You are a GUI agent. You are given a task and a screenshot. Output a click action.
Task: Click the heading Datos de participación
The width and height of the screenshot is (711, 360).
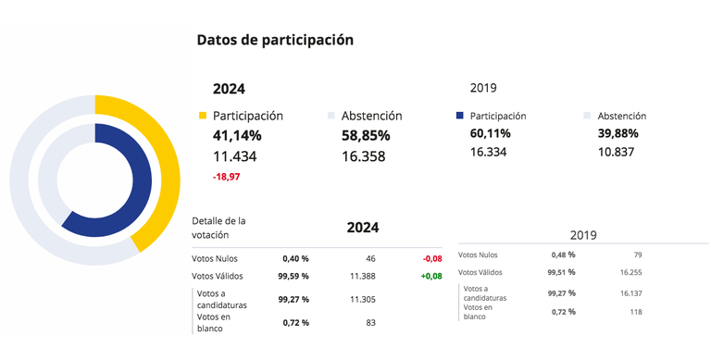click(x=275, y=41)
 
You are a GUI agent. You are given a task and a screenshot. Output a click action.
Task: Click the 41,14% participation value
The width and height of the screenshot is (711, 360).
click(x=237, y=136)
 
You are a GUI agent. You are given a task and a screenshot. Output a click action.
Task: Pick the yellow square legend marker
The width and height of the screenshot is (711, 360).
click(x=203, y=117)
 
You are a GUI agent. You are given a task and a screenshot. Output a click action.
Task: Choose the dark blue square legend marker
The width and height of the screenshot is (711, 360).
click(x=460, y=117)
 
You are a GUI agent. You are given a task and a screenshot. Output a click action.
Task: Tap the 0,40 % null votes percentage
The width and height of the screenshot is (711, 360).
click(x=293, y=258)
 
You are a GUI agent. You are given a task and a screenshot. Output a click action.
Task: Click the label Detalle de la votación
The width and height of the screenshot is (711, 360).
click(x=218, y=227)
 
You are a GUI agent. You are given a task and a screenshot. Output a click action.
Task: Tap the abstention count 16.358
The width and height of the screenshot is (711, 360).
click(x=355, y=156)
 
